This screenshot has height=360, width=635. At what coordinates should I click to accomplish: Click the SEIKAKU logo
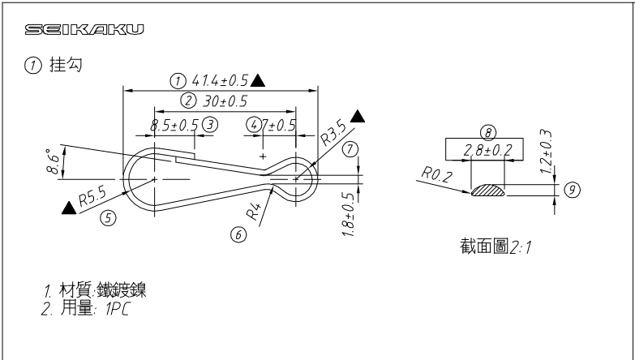(85, 32)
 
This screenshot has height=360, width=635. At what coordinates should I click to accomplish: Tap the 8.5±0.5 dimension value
(174, 125)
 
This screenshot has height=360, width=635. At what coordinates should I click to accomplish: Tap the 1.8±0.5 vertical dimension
(349, 214)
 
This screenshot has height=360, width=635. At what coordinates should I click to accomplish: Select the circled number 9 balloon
(573, 189)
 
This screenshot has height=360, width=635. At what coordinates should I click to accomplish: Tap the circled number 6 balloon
(238, 234)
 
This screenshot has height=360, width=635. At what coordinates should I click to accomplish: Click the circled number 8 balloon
(487, 131)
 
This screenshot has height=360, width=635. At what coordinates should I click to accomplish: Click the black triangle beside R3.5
(358, 117)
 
